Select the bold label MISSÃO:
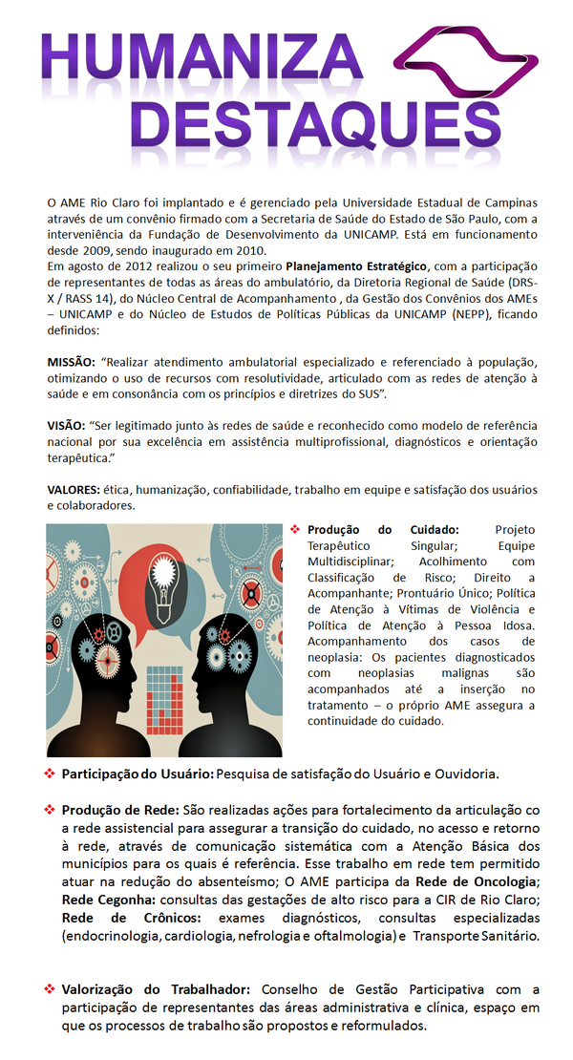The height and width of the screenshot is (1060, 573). tap(72, 362)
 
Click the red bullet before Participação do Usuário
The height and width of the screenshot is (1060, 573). tap(50, 772)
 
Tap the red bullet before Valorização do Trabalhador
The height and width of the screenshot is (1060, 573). tap(50, 988)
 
